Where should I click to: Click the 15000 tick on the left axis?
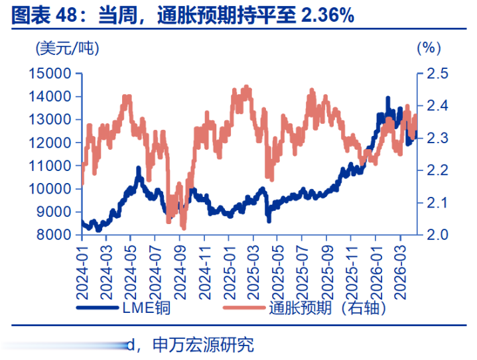click(50, 74)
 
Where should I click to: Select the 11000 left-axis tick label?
click(50, 166)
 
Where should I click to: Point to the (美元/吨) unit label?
click(68, 48)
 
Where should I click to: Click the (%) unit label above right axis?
click(428, 48)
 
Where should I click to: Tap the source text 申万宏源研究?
click(203, 345)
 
